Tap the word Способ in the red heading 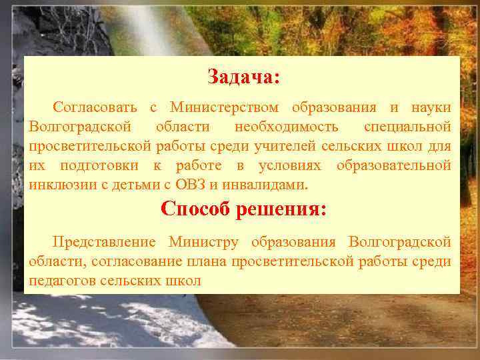197,209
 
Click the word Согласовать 95,107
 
